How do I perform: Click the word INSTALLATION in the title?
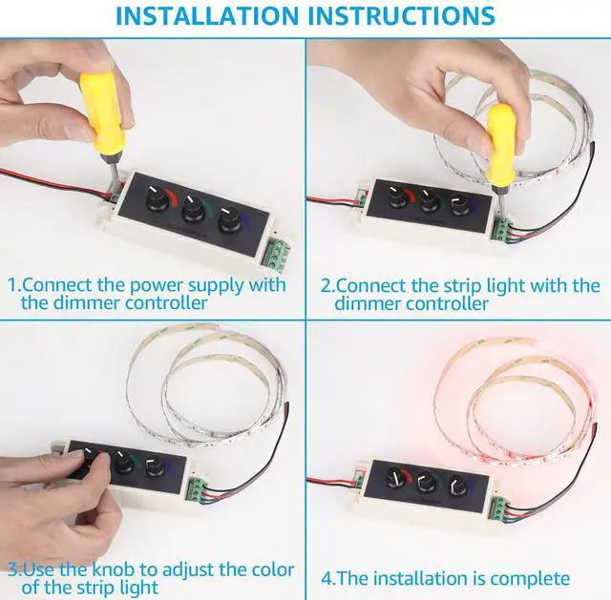point(207,16)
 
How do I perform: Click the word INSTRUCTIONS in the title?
point(401,16)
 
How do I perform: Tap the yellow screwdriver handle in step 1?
point(102,113)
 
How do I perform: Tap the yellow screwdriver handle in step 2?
point(501,144)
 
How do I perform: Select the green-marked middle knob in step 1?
point(193,209)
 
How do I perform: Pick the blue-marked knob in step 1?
point(230,220)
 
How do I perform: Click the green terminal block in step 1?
point(278,254)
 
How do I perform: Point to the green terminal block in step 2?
point(500,230)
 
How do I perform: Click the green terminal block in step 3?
point(196,490)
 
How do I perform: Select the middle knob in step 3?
point(125,463)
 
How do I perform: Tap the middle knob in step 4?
point(426,483)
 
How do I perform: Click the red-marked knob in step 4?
point(396,478)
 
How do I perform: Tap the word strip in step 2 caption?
point(461,287)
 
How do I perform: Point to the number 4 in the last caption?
point(327,578)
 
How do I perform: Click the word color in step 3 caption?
point(273,570)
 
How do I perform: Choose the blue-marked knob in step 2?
point(459,206)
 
